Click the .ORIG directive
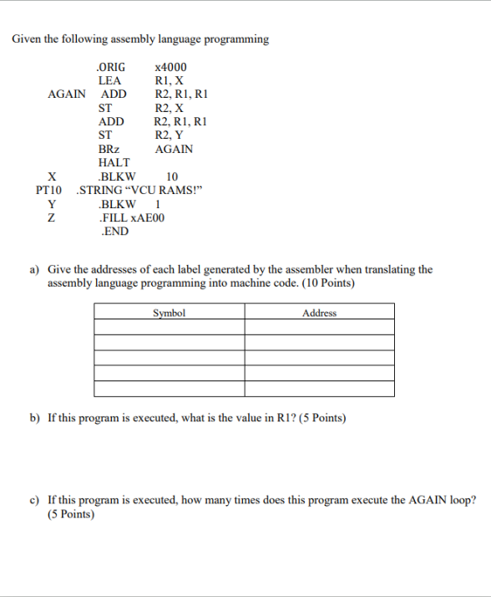[111, 67]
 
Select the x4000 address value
[171, 67]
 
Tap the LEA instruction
[109, 80]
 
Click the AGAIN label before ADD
[66, 94]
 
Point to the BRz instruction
[109, 149]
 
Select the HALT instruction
[114, 162]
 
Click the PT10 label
[49, 190]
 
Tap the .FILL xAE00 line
[131, 217]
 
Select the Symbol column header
[169, 314]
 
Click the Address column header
[319, 314]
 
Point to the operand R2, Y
[170, 135]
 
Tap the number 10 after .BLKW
[172, 176]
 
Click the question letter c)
[36, 500]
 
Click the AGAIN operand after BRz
[174, 149]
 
